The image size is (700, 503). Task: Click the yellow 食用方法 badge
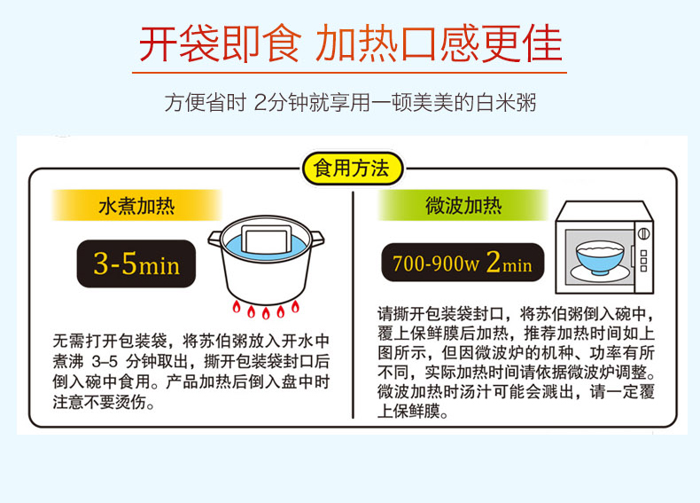pos(353,169)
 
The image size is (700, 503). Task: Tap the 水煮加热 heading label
pos(136,206)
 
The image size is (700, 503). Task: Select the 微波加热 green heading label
pos(463,205)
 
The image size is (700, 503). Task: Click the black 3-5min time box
pos(136,263)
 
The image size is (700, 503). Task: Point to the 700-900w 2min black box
pos(463,263)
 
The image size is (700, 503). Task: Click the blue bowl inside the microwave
pos(600,257)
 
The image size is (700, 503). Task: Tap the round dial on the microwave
pos(643,233)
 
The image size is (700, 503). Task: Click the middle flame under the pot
pos(266,312)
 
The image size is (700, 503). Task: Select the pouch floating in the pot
pos(267,240)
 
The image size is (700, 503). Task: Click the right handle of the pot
pos(317,239)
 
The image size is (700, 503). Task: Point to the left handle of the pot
pos(214,240)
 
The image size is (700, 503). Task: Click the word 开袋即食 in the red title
pos(220,43)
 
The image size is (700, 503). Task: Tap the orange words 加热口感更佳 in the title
pos(439,43)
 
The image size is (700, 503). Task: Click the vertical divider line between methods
pos(353,305)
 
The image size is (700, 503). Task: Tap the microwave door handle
pos(632,256)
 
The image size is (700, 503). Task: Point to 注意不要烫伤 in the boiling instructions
pos(104,402)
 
